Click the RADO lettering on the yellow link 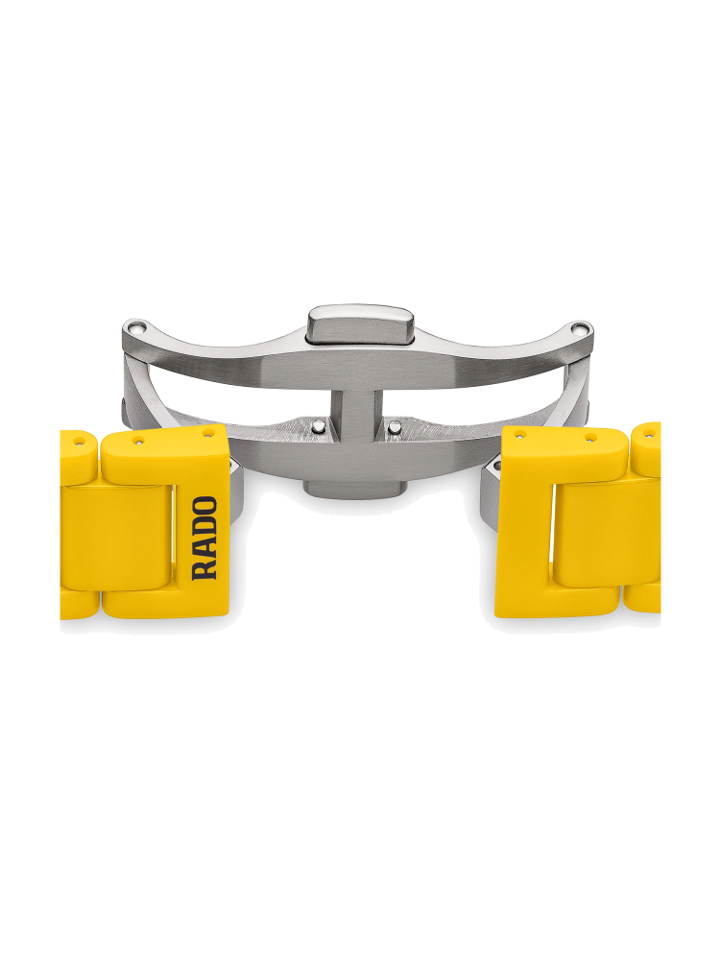pos(204,539)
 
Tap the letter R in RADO pos(204,570)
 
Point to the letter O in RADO pos(204,506)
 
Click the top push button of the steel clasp pos(361,326)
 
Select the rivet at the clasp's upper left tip pos(136,327)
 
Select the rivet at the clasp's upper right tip pos(578,328)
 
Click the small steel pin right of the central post pos(396,427)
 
